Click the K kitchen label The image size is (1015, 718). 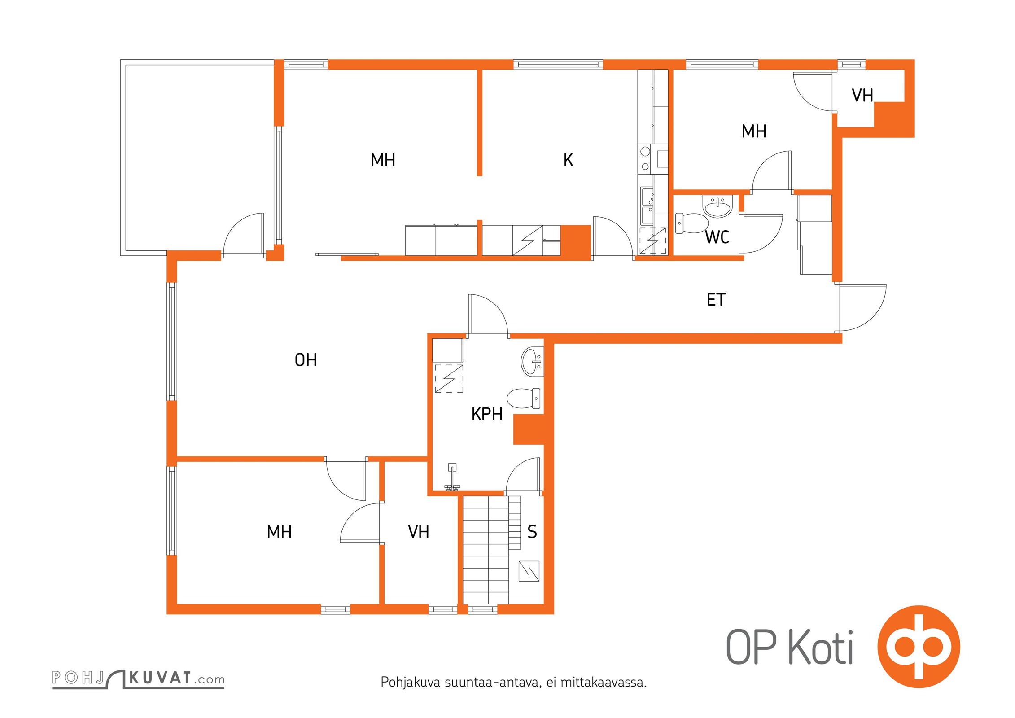568,160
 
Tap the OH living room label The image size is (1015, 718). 306,360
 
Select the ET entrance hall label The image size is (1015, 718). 716,300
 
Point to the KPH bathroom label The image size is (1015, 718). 487,414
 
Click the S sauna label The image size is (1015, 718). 532,532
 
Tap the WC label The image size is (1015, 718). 717,237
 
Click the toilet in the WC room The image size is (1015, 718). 691,223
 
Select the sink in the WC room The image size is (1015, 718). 718,206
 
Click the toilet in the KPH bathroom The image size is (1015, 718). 524,398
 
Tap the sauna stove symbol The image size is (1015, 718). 529,571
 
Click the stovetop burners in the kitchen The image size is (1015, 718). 645,158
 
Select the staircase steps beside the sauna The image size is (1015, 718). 491,550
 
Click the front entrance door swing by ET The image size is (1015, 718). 862,308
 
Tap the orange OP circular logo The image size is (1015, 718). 919,647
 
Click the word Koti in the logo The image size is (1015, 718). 821,648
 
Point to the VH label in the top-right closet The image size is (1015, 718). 862,96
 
